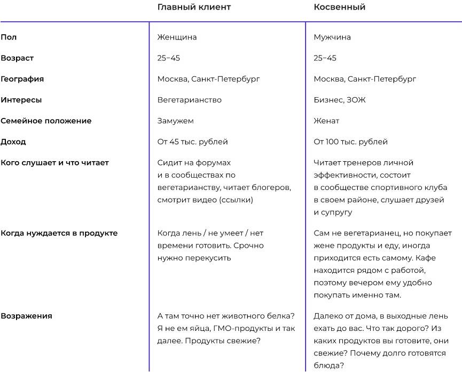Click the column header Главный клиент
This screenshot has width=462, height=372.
[x=194, y=7]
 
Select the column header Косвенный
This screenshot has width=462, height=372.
[x=339, y=7]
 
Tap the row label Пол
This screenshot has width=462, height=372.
[x=9, y=37]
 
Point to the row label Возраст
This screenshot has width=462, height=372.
[x=17, y=58]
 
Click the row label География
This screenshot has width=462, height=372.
[x=22, y=79]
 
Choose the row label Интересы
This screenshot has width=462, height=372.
[x=21, y=100]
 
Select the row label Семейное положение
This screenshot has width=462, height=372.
[x=46, y=121]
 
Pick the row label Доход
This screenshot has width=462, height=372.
[x=13, y=141]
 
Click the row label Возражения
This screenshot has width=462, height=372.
[x=26, y=315]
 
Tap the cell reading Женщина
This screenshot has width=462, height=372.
[x=177, y=37]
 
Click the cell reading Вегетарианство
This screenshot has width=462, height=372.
[x=189, y=100]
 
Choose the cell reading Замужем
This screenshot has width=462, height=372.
[x=175, y=121]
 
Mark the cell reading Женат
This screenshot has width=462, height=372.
[x=326, y=121]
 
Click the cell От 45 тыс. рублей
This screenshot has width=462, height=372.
[x=192, y=141]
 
